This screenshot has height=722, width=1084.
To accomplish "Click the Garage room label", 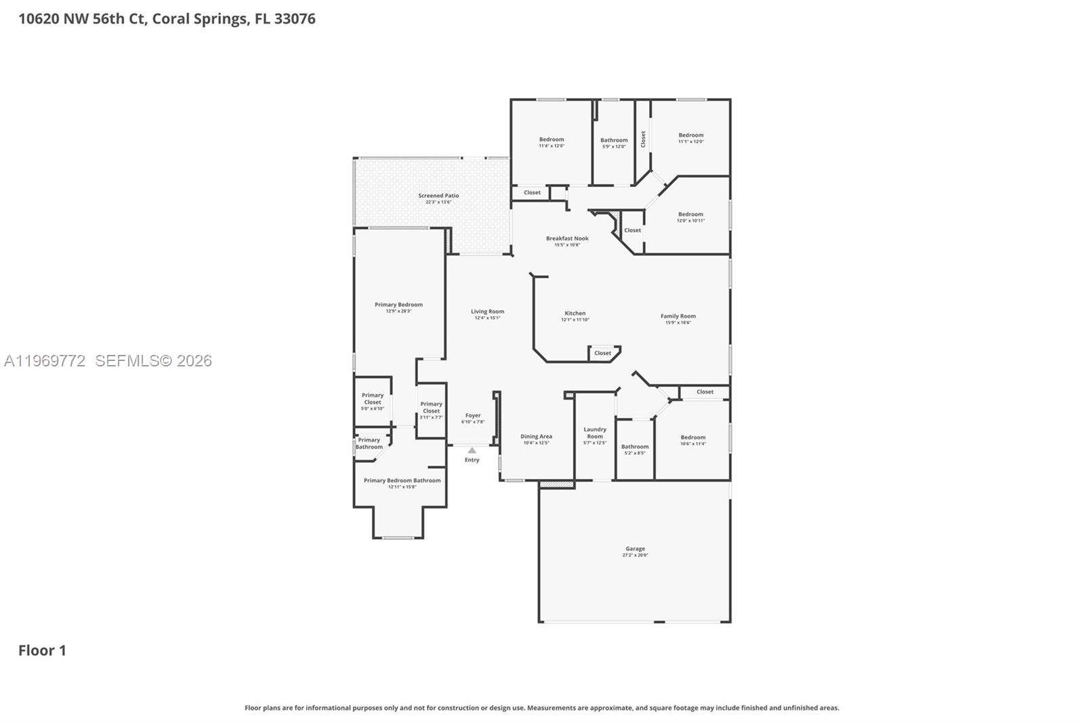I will pyautogui.click(x=635, y=549).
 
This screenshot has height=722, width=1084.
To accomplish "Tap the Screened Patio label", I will pyautogui.click(x=438, y=196).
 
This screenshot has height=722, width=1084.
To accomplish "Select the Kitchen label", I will pyautogui.click(x=575, y=313).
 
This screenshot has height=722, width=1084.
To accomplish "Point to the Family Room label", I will pyautogui.click(x=678, y=316).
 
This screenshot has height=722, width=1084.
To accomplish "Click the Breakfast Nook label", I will pyautogui.click(x=567, y=238).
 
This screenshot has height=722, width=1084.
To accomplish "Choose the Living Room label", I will pyautogui.click(x=487, y=312).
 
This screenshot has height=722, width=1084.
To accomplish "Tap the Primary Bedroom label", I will pyautogui.click(x=398, y=305).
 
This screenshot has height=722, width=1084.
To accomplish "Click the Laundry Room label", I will pyautogui.click(x=595, y=433).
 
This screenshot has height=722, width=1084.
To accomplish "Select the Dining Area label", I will pyautogui.click(x=536, y=436).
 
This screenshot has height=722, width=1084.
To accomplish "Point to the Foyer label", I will pyautogui.click(x=473, y=415).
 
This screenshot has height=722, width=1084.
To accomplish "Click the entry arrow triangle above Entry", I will pyautogui.click(x=472, y=450).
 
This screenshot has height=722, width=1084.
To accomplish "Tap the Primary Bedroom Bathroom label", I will pyautogui.click(x=402, y=480).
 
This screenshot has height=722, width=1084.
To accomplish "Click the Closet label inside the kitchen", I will pyautogui.click(x=602, y=353).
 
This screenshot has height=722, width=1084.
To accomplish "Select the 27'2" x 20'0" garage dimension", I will pyautogui.click(x=635, y=555).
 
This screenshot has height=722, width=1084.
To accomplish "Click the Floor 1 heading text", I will pyautogui.click(x=42, y=650).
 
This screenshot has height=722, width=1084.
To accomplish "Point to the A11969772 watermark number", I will pyautogui.click(x=45, y=361).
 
